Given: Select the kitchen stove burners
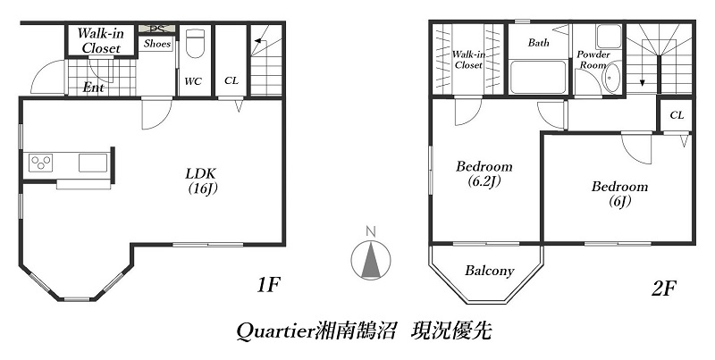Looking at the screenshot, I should [x=41, y=162].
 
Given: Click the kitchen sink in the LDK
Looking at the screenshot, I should [x=92, y=162].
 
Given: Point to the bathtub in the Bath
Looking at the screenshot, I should [x=537, y=77].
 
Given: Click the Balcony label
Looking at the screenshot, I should [x=489, y=271].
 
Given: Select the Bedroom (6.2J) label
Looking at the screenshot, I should [x=484, y=173].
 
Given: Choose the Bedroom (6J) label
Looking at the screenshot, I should [x=618, y=194].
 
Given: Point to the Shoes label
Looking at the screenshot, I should [x=157, y=44].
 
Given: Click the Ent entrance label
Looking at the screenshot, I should [x=93, y=88].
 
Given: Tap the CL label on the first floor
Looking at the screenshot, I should [x=231, y=81].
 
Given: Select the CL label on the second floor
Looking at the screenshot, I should [x=677, y=115].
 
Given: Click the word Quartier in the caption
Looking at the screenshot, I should [x=274, y=331].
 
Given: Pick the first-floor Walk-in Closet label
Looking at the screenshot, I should [x=100, y=40].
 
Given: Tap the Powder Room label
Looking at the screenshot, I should [x=593, y=60].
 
